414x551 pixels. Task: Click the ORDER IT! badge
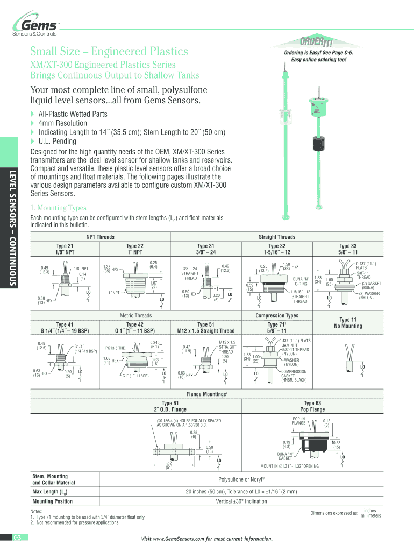tap(319, 43)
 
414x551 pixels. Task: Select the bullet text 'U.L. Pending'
tap(58, 141)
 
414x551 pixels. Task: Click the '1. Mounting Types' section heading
tap(58, 208)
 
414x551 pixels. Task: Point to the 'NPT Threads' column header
tap(100, 237)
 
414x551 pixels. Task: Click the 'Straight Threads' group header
tap(276, 237)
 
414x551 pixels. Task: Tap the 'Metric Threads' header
tap(135, 315)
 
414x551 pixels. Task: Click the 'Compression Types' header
tap(276, 315)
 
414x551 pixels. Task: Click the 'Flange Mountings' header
tap(207, 394)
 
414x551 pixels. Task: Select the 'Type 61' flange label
tap(170, 403)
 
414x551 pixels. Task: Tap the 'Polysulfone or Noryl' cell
tap(241, 479)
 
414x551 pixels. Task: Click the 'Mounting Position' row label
tap(53, 501)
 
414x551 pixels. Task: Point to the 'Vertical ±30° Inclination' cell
tap(241, 501)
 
